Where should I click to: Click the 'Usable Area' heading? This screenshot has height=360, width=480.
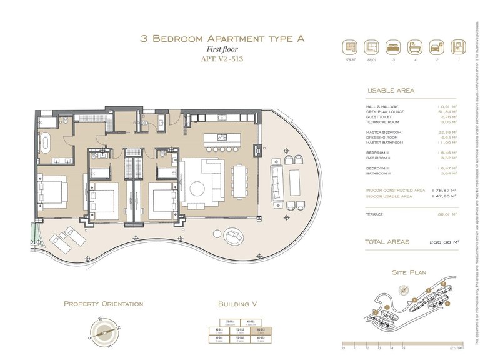coord(391,91)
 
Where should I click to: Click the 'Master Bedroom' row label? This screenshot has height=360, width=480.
coord(384,132)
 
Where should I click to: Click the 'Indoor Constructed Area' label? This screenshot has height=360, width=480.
coord(396,190)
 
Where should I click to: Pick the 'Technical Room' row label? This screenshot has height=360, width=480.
coord(382,122)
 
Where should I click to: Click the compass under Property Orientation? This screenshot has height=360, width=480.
coord(103,330)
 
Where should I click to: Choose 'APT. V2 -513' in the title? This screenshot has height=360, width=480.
coord(222,60)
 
